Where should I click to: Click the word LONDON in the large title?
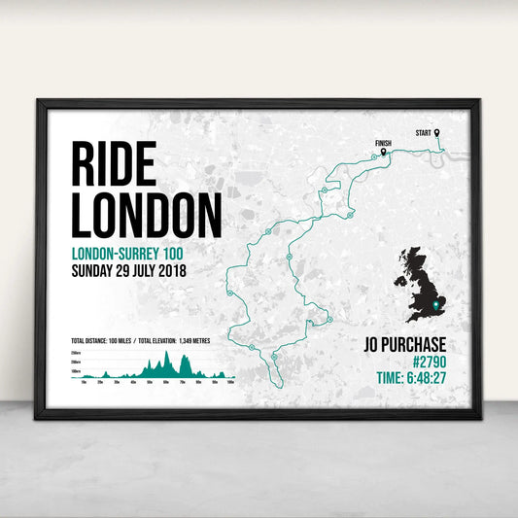coord(146,215)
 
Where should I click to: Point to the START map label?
coord(424,132)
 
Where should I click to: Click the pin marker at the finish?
coord(384,151)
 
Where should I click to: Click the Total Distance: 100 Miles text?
coord(101,341)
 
